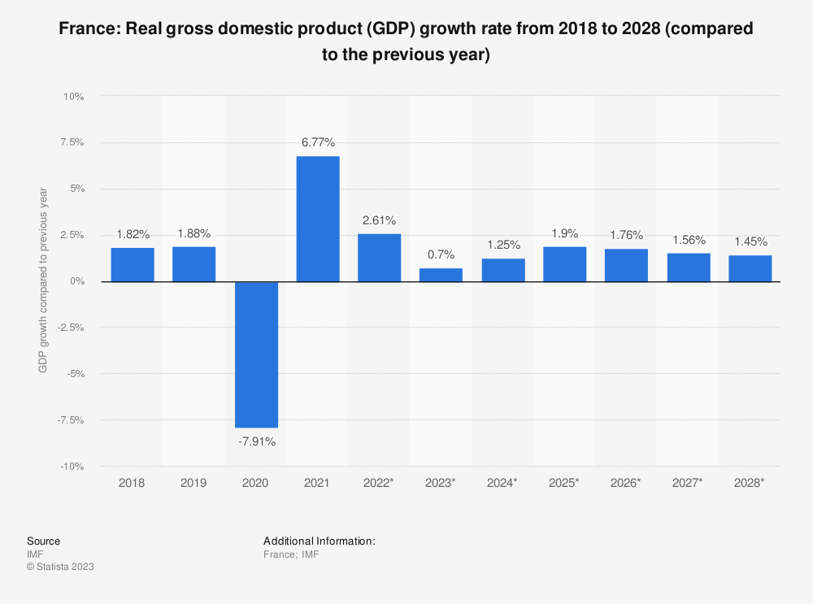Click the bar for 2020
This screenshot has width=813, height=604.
pos(256,354)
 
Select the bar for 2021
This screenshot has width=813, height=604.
pos(318,219)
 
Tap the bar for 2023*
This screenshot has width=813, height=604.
pos(441,275)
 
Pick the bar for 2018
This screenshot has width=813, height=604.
pos(133,264)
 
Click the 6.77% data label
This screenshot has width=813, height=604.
pos(318,142)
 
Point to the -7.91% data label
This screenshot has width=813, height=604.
pos(256,441)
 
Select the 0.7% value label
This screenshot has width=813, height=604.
pos(441,255)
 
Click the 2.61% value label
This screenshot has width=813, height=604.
pos(380,219)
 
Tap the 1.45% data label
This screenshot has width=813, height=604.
pos(750,241)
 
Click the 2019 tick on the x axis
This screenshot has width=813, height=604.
pos(194,483)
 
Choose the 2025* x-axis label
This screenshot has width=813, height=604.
pos(564,483)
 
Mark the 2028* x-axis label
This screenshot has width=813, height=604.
pos(750,483)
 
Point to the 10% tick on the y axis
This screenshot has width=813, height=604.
pos(74,97)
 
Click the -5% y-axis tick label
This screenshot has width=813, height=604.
pos(76,374)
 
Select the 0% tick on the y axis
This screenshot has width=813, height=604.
pos(77,281)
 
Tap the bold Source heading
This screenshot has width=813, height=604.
pos(43,541)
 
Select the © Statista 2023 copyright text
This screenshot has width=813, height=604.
pos(60,567)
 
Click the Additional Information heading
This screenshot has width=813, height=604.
pos(320,541)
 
